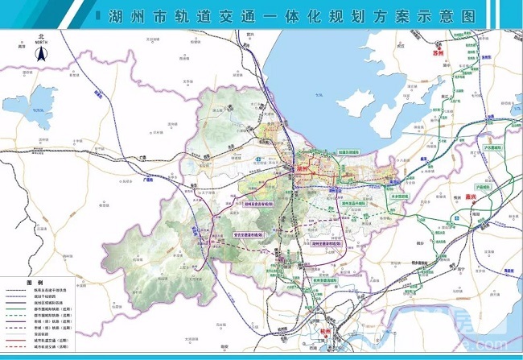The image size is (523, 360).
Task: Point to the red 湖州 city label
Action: pyautogui.click(x=304, y=170)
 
